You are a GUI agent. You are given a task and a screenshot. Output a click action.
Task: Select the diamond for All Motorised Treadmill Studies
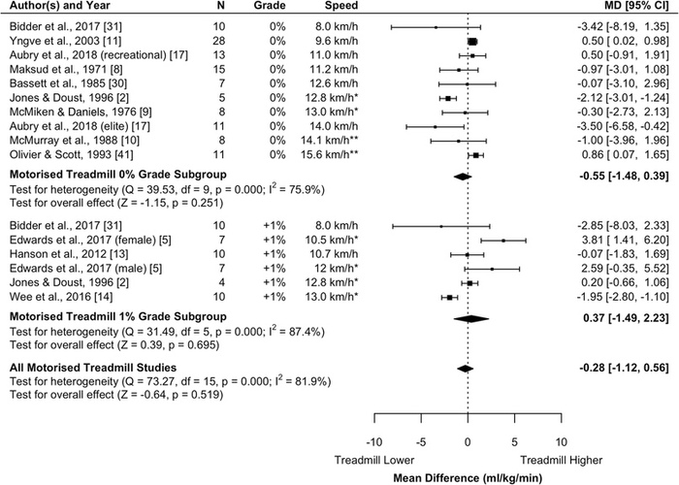(466, 341)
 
